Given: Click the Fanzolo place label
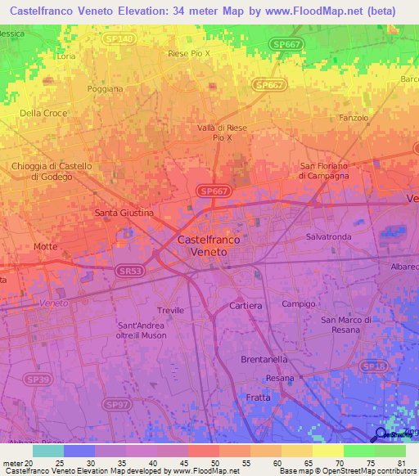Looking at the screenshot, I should (x=353, y=119).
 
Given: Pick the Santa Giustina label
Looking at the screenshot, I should (x=124, y=213).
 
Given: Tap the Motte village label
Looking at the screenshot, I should (x=46, y=246).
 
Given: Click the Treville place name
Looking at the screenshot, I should (x=170, y=311).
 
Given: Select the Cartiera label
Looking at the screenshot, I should (x=246, y=305).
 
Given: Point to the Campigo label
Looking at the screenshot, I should (x=298, y=303).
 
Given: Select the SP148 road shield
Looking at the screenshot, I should (x=119, y=38).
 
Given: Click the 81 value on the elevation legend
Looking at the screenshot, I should (x=399, y=463).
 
